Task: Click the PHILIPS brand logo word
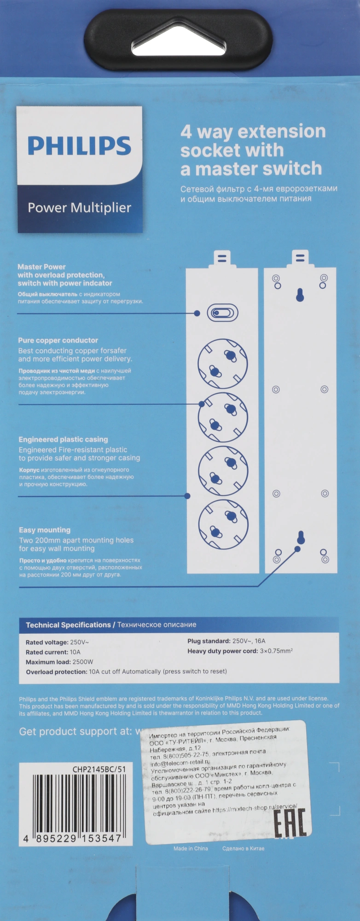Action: (x=79, y=146)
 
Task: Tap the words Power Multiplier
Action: (x=79, y=208)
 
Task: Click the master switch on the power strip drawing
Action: (x=222, y=313)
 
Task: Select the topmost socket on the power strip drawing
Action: (x=222, y=363)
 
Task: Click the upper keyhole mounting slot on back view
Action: (x=300, y=295)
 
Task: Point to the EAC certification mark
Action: (x=290, y=823)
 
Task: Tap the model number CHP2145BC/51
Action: (x=99, y=769)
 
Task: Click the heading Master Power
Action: (x=41, y=267)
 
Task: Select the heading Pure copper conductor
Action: (x=58, y=340)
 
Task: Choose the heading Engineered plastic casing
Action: (x=63, y=439)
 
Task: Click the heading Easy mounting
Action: (x=45, y=530)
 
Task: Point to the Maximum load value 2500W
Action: (x=83, y=662)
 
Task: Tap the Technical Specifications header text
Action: (x=68, y=625)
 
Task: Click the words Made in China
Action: (x=191, y=848)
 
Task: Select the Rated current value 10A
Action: (x=75, y=652)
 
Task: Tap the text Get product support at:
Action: (x=75, y=731)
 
